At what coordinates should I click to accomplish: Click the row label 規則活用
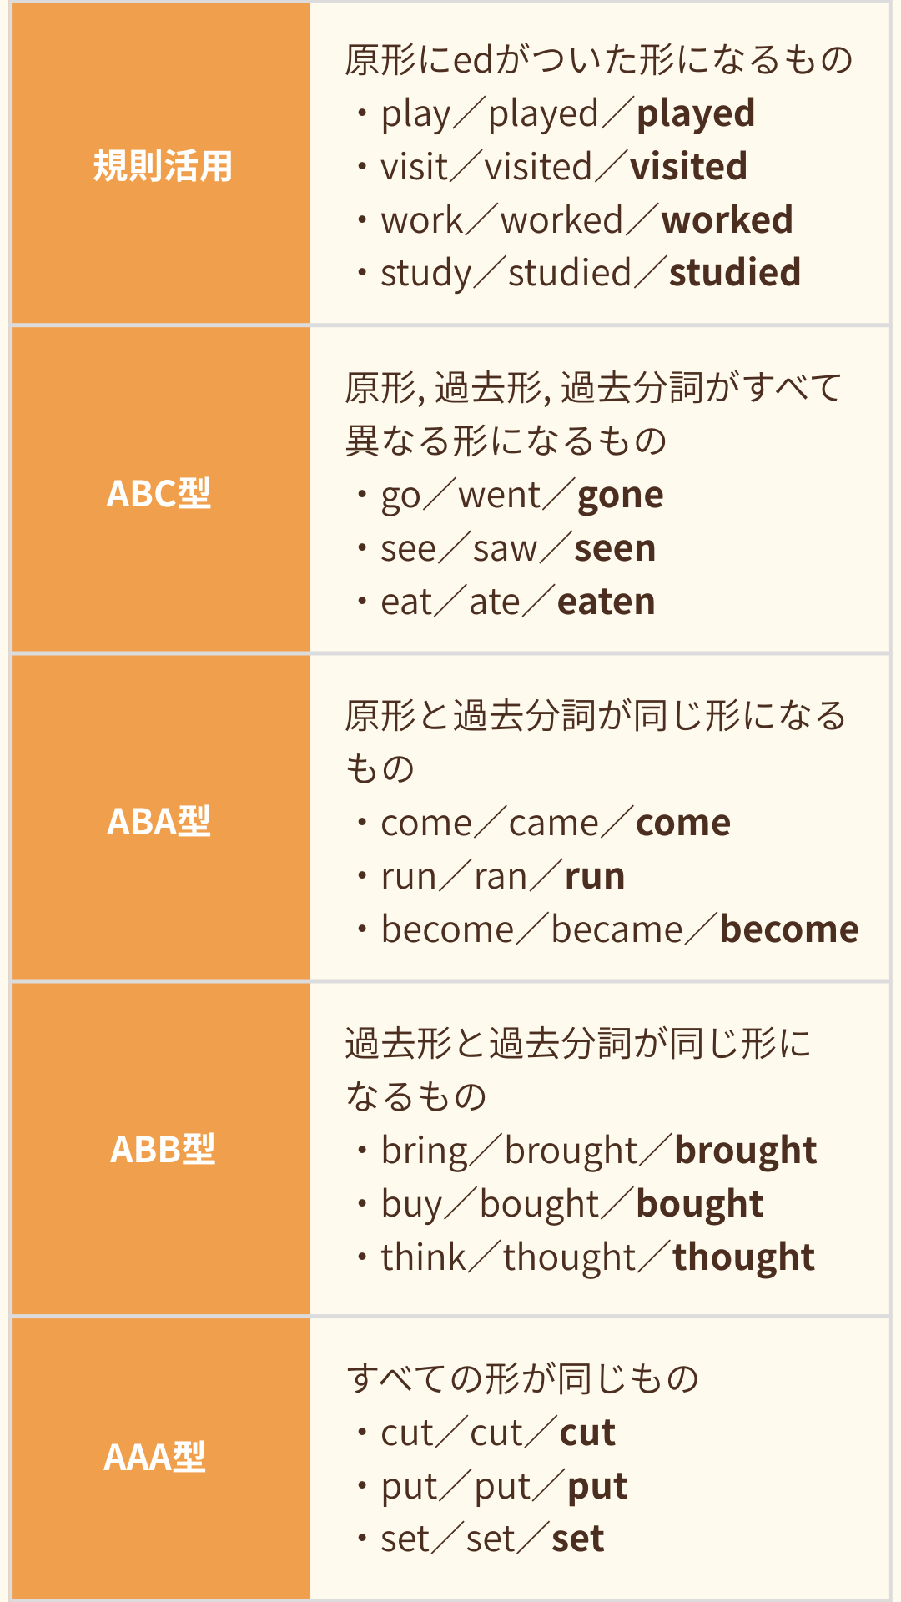163,165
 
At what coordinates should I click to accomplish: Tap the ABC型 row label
159,493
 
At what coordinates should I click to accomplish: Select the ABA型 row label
159,821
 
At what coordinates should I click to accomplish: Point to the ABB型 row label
163,1149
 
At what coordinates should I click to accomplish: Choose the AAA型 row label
154,1457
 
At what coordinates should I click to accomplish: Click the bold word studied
735,273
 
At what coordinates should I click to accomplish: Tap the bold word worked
727,220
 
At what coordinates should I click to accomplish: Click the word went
500,496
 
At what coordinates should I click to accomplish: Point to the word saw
505,549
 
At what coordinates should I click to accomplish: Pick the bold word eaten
607,602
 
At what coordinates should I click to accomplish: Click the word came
554,824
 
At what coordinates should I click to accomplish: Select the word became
617,929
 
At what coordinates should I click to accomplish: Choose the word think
423,1257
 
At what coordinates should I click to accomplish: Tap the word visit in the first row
415,167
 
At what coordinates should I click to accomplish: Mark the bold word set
578,1539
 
